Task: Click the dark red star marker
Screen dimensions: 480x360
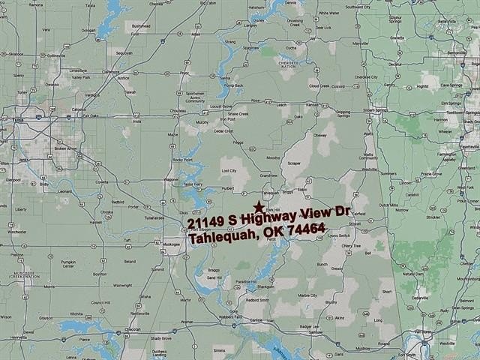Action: (259, 207)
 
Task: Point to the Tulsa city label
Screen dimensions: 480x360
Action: (19, 118)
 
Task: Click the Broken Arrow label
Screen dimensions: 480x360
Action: (67, 148)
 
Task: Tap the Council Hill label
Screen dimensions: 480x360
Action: (100, 303)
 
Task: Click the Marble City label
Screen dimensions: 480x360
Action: (307, 295)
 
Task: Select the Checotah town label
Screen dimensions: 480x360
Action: (133, 328)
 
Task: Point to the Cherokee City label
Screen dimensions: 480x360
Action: (366, 76)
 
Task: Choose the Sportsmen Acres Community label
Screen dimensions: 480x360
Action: (195, 98)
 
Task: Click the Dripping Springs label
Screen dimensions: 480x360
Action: (343, 114)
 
